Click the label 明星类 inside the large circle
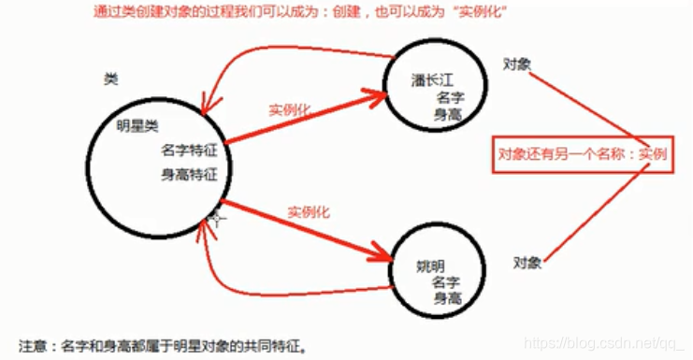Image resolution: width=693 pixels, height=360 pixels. [x=137, y=126]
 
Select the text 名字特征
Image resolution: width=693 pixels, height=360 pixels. [x=189, y=151]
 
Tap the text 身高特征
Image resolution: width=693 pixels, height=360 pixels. [x=189, y=175]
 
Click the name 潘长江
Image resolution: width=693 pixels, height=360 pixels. [x=432, y=80]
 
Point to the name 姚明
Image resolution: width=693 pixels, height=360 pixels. [x=430, y=266]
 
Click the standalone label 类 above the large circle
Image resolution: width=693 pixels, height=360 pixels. [x=111, y=79]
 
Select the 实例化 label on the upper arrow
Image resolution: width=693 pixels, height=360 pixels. [x=290, y=109]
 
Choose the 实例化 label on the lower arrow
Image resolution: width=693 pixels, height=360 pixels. [x=309, y=212]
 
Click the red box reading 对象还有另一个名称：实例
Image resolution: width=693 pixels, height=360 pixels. [x=583, y=154]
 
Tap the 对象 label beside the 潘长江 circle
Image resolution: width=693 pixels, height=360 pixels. [x=517, y=65]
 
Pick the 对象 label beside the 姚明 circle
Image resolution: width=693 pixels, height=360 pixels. [x=527, y=263]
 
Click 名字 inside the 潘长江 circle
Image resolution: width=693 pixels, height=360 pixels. [x=451, y=97]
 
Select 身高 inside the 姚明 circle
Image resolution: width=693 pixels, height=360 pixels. [x=448, y=298]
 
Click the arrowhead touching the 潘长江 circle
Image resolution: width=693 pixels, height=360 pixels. [x=377, y=96]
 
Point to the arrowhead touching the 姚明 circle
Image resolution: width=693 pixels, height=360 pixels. [x=381, y=252]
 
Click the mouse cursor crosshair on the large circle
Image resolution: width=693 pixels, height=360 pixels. [x=217, y=218]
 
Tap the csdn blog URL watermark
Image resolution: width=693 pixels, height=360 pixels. [x=604, y=343]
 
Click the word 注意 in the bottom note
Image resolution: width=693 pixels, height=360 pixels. [x=33, y=346]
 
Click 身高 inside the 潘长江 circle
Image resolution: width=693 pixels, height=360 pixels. [x=448, y=115]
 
